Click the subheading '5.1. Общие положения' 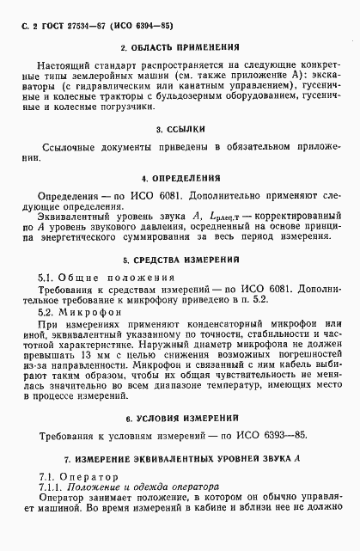pyautogui.click(x=108, y=279)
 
